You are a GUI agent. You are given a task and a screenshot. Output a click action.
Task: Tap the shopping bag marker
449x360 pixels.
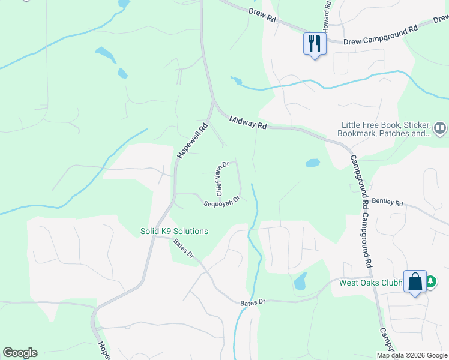(x=415, y=281)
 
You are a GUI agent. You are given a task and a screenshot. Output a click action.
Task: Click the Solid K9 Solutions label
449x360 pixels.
(x=174, y=231)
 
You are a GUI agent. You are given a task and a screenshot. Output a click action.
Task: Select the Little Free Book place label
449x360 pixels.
(x=385, y=129)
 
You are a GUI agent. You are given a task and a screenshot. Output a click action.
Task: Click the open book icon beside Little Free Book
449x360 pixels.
(x=440, y=128)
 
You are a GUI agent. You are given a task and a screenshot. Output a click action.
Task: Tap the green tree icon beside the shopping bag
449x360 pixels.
(x=430, y=281)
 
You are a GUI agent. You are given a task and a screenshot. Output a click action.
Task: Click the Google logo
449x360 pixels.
(x=20, y=353)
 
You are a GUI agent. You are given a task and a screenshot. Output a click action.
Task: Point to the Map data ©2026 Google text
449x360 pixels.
(x=412, y=355)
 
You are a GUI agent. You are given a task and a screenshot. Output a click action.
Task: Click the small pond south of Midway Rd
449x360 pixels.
(x=312, y=163)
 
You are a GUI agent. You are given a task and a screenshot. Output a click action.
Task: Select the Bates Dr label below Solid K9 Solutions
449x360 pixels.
(x=184, y=249)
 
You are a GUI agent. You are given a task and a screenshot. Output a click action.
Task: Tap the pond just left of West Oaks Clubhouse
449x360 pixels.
(x=300, y=281)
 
